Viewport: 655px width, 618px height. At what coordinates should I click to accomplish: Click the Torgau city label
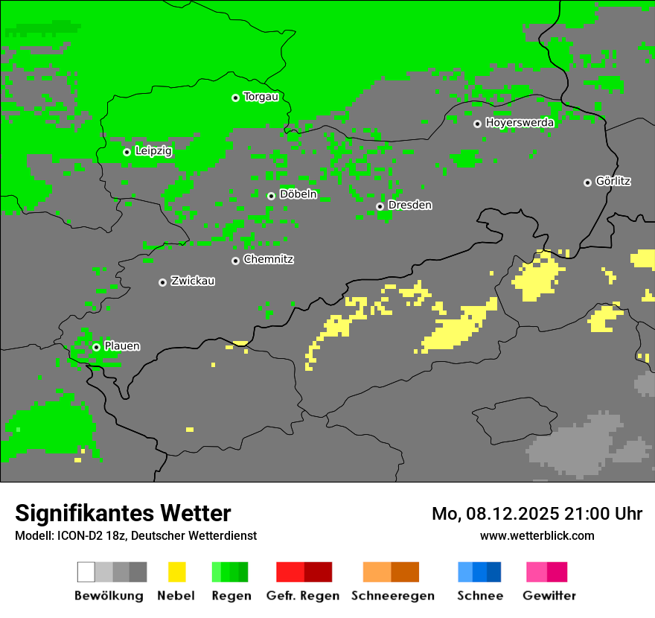(x=261, y=97)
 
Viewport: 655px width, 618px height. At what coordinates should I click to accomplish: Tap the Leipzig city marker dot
(x=127, y=152)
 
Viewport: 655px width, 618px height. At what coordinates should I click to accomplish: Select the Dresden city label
(x=409, y=205)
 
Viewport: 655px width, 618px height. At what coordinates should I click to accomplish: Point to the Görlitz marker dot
(x=587, y=182)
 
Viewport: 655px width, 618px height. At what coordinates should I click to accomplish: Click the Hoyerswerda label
(x=520, y=123)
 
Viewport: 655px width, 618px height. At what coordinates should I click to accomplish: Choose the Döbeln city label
(x=298, y=194)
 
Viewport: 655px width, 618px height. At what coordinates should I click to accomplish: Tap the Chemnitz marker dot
(x=235, y=261)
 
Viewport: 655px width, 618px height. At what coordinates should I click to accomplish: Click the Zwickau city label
(x=193, y=281)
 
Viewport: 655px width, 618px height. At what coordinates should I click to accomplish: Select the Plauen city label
(x=122, y=346)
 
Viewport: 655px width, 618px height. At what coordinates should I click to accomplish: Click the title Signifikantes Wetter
(x=123, y=513)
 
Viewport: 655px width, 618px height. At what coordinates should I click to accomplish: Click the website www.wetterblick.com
(x=537, y=535)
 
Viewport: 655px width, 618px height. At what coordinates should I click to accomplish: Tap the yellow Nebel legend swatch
(x=176, y=572)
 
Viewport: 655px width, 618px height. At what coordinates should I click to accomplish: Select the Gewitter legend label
(x=549, y=596)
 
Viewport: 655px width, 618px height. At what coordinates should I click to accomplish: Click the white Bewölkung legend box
(x=86, y=572)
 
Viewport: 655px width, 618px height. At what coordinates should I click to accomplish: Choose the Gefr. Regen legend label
(x=303, y=596)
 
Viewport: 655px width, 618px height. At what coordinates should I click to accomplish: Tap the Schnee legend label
(x=480, y=596)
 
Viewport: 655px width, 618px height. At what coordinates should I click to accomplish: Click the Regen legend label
(x=231, y=596)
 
